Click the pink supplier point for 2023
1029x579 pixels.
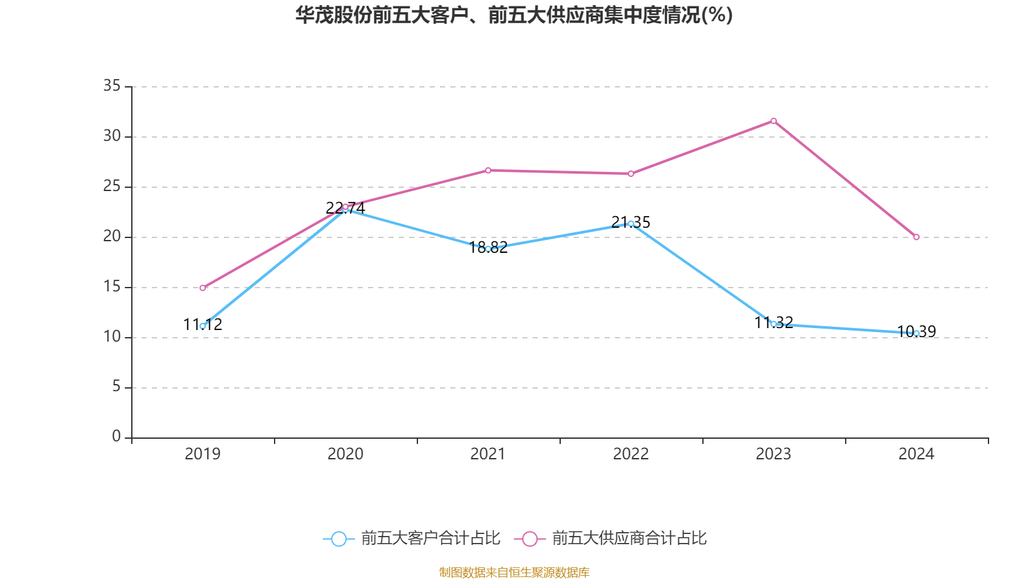pos(774,121)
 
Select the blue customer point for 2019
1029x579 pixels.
pos(203,326)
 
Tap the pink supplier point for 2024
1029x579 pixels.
pos(916,237)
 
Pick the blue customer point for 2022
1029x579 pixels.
pos(631,223)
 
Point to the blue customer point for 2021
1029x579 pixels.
pos(488,249)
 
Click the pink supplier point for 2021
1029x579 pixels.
pos(488,170)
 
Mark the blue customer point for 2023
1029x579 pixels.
pos(774,324)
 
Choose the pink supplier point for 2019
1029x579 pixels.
pos(203,288)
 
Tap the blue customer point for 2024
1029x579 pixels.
pos(916,333)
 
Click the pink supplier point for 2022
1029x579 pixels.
pos(631,174)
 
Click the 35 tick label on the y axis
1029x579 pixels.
pos(112,86)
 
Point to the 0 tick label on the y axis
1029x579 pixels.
pos(116,437)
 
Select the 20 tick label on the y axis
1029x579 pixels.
pos(112,236)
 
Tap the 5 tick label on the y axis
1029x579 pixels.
pos(116,387)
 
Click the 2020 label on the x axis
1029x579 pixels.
pos(345,454)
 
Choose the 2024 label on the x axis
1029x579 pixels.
pos(916,454)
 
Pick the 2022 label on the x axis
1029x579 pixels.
pos(631,454)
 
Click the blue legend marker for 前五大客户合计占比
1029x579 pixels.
pos(339,539)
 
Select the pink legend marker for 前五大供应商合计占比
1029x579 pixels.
pos(530,539)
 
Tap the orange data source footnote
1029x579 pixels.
pos(514,573)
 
